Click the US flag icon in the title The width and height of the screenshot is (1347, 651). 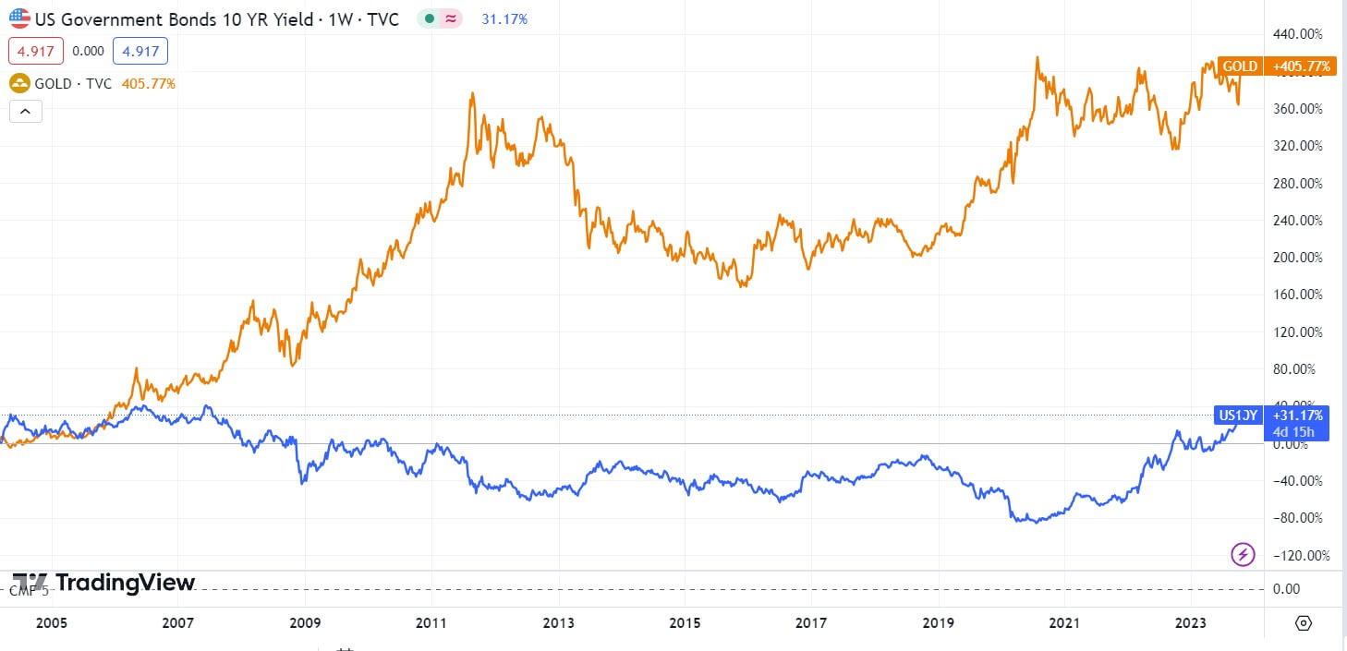[19, 18]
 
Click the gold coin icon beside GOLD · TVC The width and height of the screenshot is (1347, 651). [19, 84]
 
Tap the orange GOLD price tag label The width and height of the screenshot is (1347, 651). [1240, 66]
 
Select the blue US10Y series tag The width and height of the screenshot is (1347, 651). [1237, 416]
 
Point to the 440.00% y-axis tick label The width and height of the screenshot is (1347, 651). [1300, 34]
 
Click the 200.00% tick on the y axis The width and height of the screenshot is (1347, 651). [1300, 258]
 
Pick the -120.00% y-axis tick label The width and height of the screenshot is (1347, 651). [1298, 555]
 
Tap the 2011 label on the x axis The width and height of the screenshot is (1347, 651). [431, 622]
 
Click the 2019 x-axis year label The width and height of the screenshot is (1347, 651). [938, 622]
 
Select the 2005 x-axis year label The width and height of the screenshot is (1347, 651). [52, 622]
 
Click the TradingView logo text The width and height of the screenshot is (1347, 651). [125, 583]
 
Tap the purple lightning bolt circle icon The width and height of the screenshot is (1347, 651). [1244, 554]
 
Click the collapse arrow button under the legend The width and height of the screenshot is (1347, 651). [25, 112]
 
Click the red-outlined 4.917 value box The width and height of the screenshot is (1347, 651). [36, 51]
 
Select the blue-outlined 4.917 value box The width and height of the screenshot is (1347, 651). [140, 51]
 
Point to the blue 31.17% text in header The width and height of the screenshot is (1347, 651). [504, 18]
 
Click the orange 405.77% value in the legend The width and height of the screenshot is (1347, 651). [149, 84]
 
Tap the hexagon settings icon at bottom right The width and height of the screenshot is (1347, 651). [1303, 622]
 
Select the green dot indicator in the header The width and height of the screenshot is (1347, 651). [431, 18]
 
